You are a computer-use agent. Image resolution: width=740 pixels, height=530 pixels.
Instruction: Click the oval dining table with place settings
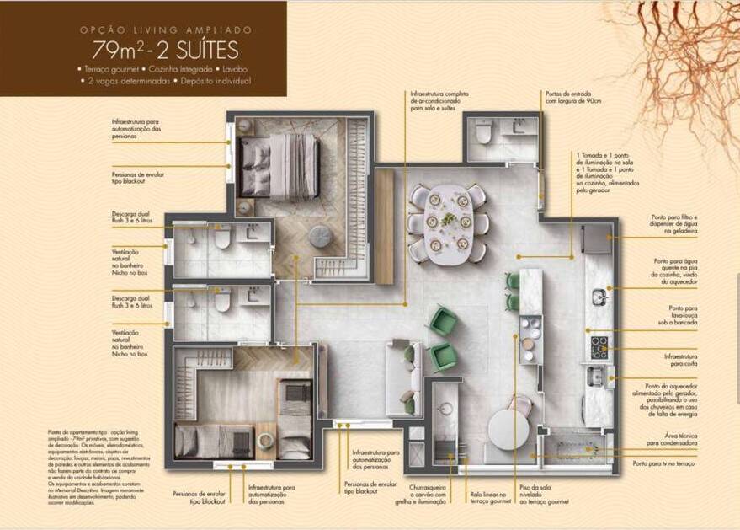(x=447, y=222)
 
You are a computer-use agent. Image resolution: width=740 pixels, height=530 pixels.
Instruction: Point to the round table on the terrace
(x=508, y=427)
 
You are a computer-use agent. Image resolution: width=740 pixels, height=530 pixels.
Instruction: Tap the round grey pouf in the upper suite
(x=320, y=238)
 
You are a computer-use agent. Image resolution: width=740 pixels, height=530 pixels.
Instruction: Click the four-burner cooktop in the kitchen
(x=599, y=346)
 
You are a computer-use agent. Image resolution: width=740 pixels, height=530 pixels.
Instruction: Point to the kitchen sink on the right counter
(x=599, y=297)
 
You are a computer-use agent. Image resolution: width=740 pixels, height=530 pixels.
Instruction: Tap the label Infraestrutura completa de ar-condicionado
(x=439, y=101)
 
